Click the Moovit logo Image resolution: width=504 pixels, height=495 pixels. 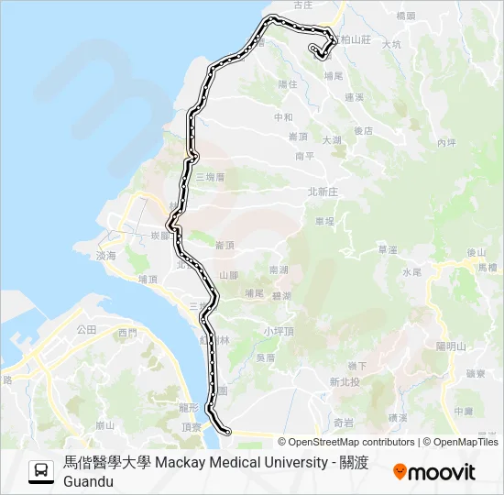point(434,472)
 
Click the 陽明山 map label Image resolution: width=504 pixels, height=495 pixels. point(452,346)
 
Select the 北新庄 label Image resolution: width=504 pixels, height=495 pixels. point(323,192)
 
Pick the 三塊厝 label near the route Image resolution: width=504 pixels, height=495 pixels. point(210,176)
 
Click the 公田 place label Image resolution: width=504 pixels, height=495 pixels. point(87,328)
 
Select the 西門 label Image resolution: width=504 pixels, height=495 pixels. point(127,332)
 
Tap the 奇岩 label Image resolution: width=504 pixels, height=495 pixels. point(344,423)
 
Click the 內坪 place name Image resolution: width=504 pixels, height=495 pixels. point(446,142)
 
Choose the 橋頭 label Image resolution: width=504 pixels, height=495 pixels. point(404,16)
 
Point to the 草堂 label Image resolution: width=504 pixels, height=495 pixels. point(387,249)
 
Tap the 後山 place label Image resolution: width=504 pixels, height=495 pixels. point(476,252)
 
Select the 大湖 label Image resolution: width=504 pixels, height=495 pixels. point(332,139)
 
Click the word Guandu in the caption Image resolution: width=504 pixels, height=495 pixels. point(88,481)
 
